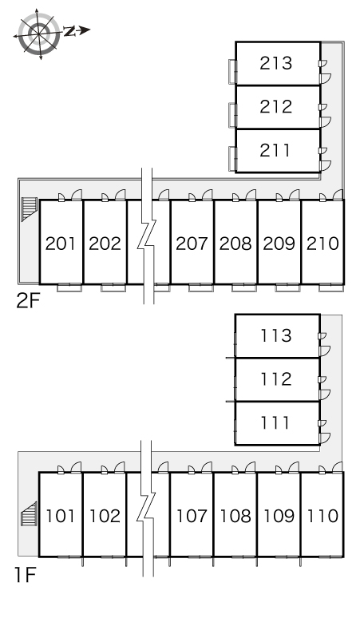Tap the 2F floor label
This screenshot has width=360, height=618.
point(29,301)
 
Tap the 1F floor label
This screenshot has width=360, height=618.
point(26,575)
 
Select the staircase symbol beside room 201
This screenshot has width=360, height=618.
point(30,209)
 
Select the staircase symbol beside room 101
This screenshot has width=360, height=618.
point(29,514)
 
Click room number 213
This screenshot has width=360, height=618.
point(275,63)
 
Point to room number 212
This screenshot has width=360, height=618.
point(275,106)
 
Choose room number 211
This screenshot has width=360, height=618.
point(275,150)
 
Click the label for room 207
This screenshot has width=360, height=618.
point(192,244)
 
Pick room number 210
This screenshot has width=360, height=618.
point(322,244)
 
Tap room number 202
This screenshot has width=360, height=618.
point(105,244)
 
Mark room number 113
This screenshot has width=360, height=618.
point(275,335)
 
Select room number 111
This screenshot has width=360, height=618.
point(275,423)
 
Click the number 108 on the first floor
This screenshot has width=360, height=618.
point(235,516)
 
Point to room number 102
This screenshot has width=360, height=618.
point(105,516)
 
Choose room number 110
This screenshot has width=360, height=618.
point(322,516)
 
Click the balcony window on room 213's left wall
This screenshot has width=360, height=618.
point(232,71)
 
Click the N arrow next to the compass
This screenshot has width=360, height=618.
point(77,31)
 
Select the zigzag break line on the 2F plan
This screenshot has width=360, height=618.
point(147,236)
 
